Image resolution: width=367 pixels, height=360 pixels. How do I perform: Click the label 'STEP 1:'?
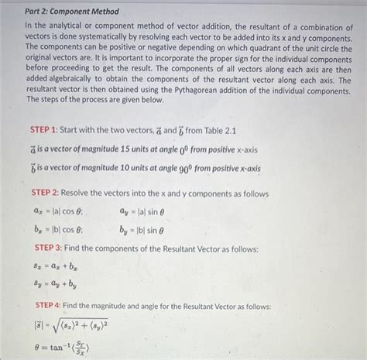click(x=50, y=130)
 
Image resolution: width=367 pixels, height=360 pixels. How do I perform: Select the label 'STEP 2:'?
click(x=50, y=192)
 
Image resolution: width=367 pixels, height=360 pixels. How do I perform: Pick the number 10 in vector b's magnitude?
click(x=129, y=168)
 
